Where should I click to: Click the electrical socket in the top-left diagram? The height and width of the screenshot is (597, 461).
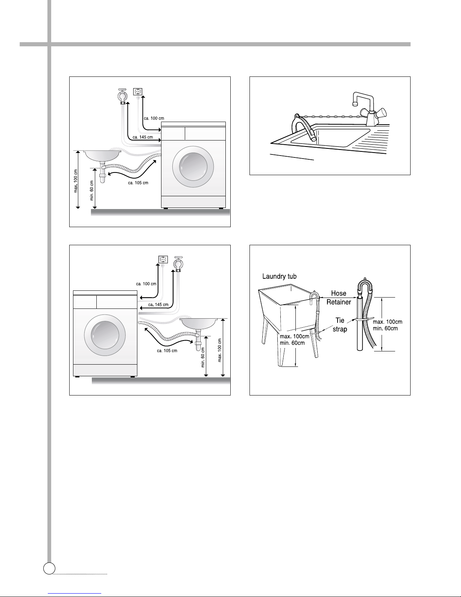[138, 92]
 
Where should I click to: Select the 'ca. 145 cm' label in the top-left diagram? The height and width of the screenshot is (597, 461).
[143, 137]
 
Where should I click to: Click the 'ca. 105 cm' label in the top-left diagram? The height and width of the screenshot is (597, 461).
[138, 183]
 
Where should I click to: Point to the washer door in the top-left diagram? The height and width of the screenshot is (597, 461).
[193, 167]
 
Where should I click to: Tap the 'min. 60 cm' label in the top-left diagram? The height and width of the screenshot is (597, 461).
[92, 190]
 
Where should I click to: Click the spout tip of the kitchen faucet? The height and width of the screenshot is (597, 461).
[355, 104]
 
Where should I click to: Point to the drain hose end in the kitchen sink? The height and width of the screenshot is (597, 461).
[314, 139]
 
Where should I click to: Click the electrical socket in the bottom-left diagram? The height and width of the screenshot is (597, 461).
[163, 260]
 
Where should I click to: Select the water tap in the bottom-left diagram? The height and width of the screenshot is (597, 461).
[178, 264]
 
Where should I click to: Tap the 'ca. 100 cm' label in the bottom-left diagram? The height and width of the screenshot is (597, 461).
[146, 284]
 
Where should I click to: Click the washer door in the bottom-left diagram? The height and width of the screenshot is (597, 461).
[105, 335]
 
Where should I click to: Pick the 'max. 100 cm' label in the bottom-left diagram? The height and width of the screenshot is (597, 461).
[219, 350]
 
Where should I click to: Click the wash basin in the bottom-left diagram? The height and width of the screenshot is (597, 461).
[199, 324]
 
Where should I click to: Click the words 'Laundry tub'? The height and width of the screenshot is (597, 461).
[279, 276]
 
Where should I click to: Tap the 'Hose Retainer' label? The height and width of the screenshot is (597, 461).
[339, 298]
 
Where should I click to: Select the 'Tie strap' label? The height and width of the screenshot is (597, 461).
[340, 325]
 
